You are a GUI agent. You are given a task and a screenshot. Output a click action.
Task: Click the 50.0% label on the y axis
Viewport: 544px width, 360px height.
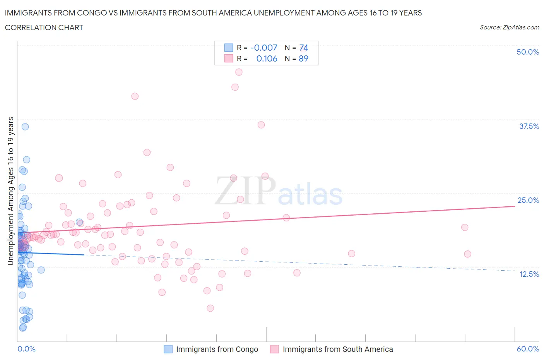(527, 52)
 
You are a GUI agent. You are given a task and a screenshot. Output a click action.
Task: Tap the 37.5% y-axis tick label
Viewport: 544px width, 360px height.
(529, 126)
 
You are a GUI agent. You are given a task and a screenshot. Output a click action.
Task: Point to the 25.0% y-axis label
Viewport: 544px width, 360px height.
(528, 200)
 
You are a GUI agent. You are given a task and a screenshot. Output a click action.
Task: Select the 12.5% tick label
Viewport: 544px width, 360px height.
(529, 274)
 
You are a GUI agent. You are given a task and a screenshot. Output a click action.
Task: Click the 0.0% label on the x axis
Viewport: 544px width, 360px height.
(26, 349)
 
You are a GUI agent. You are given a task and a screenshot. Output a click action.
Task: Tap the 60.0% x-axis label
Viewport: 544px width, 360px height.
(527, 349)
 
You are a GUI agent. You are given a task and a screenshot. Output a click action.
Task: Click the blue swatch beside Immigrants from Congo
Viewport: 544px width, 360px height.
(168, 349)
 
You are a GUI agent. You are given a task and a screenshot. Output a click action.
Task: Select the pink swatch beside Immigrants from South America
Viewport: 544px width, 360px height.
(274, 349)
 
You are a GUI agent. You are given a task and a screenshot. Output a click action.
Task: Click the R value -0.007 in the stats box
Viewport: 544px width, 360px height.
(264, 48)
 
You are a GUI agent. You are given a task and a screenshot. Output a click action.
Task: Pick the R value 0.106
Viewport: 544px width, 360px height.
(267, 58)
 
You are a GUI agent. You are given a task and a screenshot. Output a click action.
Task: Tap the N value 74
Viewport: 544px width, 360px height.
(303, 48)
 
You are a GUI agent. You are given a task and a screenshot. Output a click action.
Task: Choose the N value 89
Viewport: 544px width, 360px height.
(303, 58)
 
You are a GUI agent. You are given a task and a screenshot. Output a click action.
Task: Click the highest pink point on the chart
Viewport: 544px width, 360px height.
(239, 72)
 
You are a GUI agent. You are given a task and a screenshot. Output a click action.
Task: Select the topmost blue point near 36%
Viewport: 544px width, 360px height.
(25, 127)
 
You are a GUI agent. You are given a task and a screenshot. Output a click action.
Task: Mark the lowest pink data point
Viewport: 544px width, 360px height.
(210, 308)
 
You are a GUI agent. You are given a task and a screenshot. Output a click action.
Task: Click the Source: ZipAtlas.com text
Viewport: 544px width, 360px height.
(509, 27)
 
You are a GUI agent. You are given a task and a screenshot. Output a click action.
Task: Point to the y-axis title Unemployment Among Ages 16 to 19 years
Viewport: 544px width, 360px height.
(10, 191)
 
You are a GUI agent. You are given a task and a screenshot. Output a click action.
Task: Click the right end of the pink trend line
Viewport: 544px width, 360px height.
(514, 206)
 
